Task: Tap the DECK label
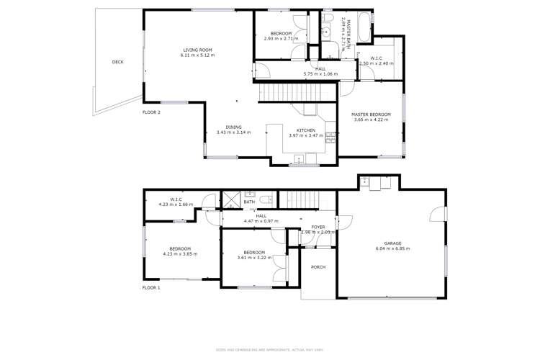point(117,62)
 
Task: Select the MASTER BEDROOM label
point(371,114)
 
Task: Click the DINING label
point(233,127)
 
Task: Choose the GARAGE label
point(392,243)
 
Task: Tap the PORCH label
point(318,267)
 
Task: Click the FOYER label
point(318,227)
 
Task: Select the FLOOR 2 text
point(151,112)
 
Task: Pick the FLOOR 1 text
point(151,287)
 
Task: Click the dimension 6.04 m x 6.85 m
point(392,248)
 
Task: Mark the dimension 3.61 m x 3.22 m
point(254,257)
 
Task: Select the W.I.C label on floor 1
point(176,199)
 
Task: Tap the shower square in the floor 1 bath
point(232,199)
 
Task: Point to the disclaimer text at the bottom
point(270,351)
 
